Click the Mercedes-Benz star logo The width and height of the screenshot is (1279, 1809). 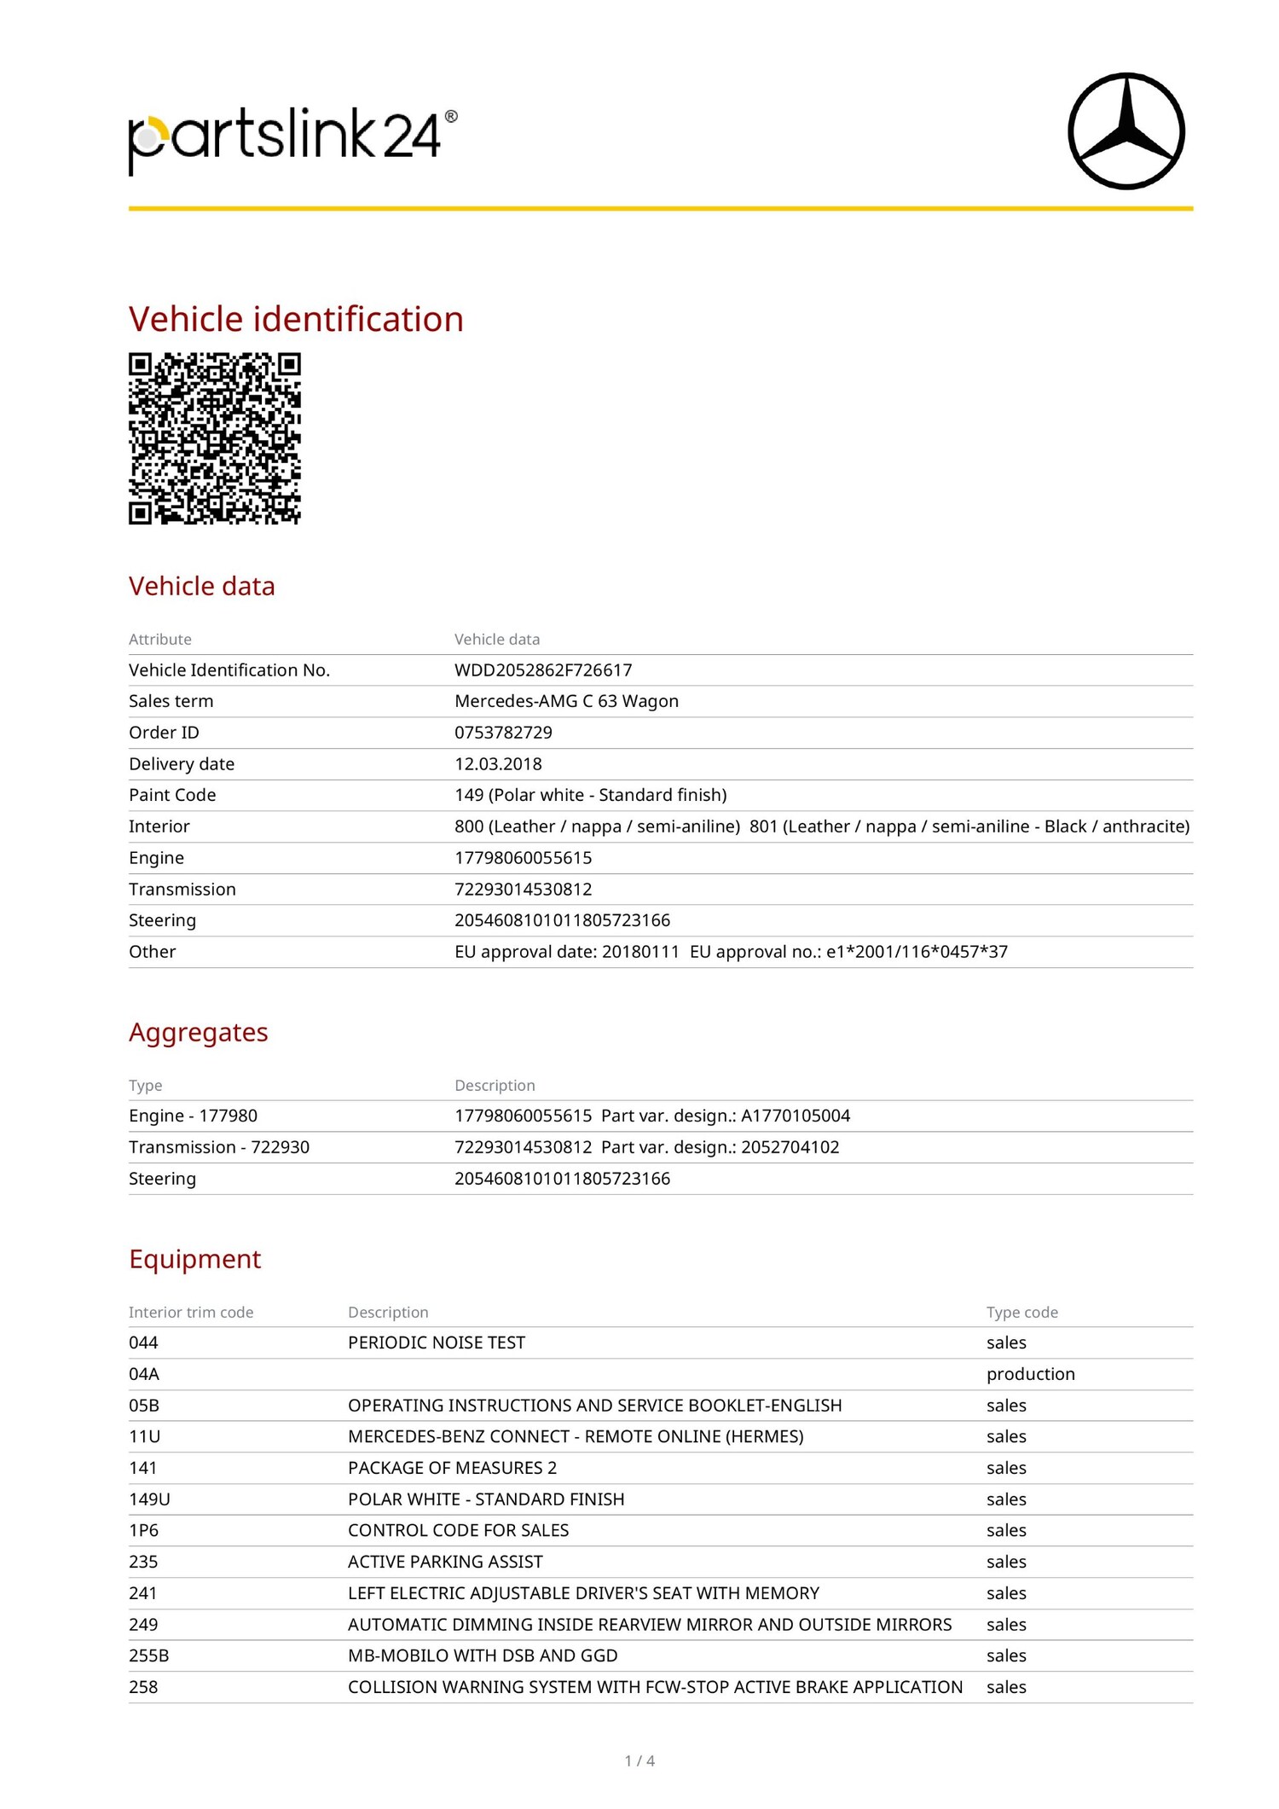(1126, 130)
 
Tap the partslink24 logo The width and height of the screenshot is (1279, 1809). (292, 138)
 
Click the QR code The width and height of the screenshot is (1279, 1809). (215, 438)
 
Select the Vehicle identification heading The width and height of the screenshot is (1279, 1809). (296, 319)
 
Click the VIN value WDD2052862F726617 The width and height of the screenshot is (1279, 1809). (543, 670)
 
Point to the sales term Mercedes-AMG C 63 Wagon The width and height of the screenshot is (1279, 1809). (566, 701)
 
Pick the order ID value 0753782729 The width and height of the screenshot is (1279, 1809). (503, 733)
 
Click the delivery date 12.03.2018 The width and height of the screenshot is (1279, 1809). (498, 764)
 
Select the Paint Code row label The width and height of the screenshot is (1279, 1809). (172, 795)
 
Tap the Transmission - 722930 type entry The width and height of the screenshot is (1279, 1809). (219, 1147)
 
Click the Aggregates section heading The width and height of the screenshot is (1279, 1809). (198, 1032)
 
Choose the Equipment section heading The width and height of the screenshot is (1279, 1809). (194, 1259)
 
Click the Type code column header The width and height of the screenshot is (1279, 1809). (1021, 1313)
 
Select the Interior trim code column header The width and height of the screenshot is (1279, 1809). (191, 1313)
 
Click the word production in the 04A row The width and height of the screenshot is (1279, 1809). (1030, 1374)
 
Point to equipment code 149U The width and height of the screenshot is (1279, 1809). (149, 1499)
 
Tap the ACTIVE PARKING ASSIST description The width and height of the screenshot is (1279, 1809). (445, 1562)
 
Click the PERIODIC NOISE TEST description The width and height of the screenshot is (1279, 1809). (437, 1342)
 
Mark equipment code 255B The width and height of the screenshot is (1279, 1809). (148, 1655)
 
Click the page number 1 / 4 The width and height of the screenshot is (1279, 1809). (639, 1760)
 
